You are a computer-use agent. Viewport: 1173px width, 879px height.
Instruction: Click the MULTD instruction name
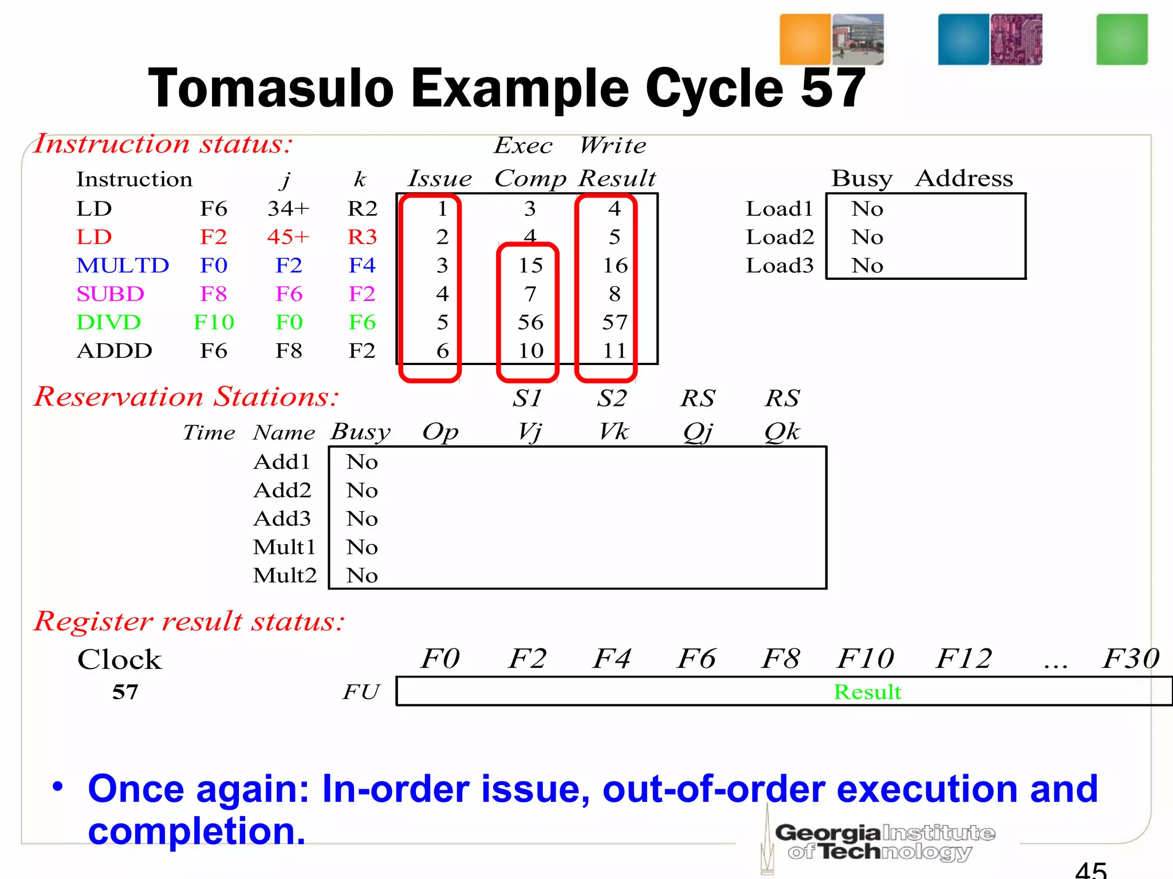coord(123,266)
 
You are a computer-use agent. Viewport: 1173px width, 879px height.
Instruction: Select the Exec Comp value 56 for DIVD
coord(530,322)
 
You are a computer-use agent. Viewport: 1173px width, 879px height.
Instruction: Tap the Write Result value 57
coord(615,322)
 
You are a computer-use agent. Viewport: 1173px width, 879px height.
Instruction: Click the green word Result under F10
coord(867,692)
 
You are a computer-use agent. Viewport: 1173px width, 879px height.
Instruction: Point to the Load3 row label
coord(780,266)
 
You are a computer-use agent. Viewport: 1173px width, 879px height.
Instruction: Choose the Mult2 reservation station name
coord(285,575)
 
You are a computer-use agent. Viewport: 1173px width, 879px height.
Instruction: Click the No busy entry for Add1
coord(362,462)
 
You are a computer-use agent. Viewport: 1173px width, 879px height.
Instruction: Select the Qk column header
coord(782,432)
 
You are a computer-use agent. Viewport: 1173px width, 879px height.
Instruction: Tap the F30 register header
coord(1131,659)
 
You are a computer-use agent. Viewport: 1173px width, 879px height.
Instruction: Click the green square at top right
coord(1121,39)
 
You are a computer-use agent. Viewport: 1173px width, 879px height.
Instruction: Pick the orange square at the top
coord(805,39)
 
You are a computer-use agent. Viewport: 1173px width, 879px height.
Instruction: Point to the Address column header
coord(964,179)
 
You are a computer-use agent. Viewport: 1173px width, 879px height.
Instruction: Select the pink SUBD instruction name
coord(110,294)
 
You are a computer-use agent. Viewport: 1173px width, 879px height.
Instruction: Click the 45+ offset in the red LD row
coord(288,237)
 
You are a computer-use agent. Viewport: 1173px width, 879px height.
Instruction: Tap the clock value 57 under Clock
coord(125,692)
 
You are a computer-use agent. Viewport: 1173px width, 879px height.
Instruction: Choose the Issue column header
coord(439,179)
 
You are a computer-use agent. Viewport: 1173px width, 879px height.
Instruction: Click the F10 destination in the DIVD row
coord(214,322)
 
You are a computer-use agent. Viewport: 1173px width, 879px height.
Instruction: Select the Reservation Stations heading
coord(186,397)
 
